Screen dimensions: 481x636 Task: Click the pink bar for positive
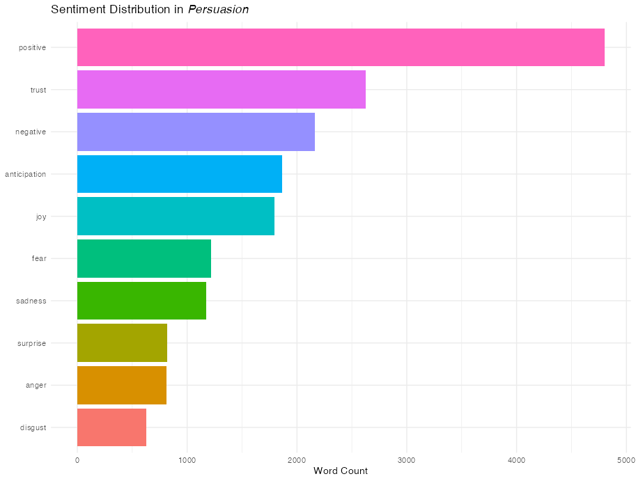[x=341, y=47]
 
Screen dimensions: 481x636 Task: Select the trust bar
[x=221, y=90]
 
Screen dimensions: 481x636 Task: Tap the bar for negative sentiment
[x=196, y=132]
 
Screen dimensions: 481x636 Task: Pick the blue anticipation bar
[x=179, y=174]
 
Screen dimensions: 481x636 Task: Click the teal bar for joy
[x=176, y=216]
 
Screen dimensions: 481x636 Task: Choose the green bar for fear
[x=144, y=258]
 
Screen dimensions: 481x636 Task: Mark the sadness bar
[x=141, y=301]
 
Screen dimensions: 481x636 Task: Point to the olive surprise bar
[x=122, y=342]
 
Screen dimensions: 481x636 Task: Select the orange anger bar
[x=121, y=385]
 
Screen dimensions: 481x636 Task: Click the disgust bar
[x=111, y=427]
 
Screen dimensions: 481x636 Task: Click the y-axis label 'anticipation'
[x=26, y=174]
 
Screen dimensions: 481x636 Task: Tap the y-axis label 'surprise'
[x=32, y=343]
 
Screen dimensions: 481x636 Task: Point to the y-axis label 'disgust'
[x=33, y=427]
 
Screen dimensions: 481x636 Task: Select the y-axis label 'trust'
[x=38, y=90]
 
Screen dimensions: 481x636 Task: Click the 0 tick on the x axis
[x=77, y=459]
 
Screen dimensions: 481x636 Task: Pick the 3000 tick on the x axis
[x=407, y=459]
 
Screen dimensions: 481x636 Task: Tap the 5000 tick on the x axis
[x=626, y=459]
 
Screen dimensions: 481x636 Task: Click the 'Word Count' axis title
[x=341, y=471]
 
